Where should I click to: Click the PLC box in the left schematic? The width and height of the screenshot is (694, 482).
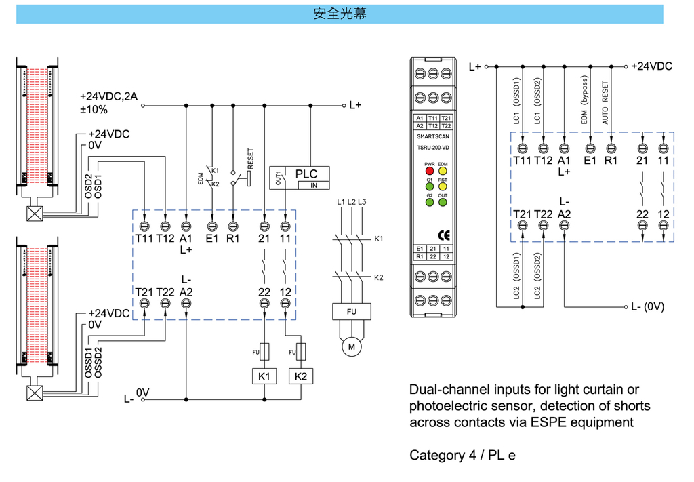[306, 174]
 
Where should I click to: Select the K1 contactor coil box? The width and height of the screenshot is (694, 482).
[264, 376]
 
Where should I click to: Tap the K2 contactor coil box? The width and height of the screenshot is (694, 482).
[301, 376]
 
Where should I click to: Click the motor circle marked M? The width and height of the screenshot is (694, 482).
[351, 346]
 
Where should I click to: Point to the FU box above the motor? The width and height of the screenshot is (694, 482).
[351, 312]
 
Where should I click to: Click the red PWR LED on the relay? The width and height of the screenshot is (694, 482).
[429, 172]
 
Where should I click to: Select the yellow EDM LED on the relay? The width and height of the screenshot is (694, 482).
[443, 172]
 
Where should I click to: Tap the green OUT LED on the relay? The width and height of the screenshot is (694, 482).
[443, 202]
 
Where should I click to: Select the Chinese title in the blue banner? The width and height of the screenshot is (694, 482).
[340, 14]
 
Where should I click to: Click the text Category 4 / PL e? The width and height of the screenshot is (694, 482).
[462, 455]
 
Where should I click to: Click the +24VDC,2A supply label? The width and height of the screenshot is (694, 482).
[108, 96]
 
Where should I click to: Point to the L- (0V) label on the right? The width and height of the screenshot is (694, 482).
[647, 306]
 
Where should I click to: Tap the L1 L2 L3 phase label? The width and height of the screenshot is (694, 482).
[351, 203]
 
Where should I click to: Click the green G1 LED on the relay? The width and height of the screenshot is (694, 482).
[429, 186]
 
